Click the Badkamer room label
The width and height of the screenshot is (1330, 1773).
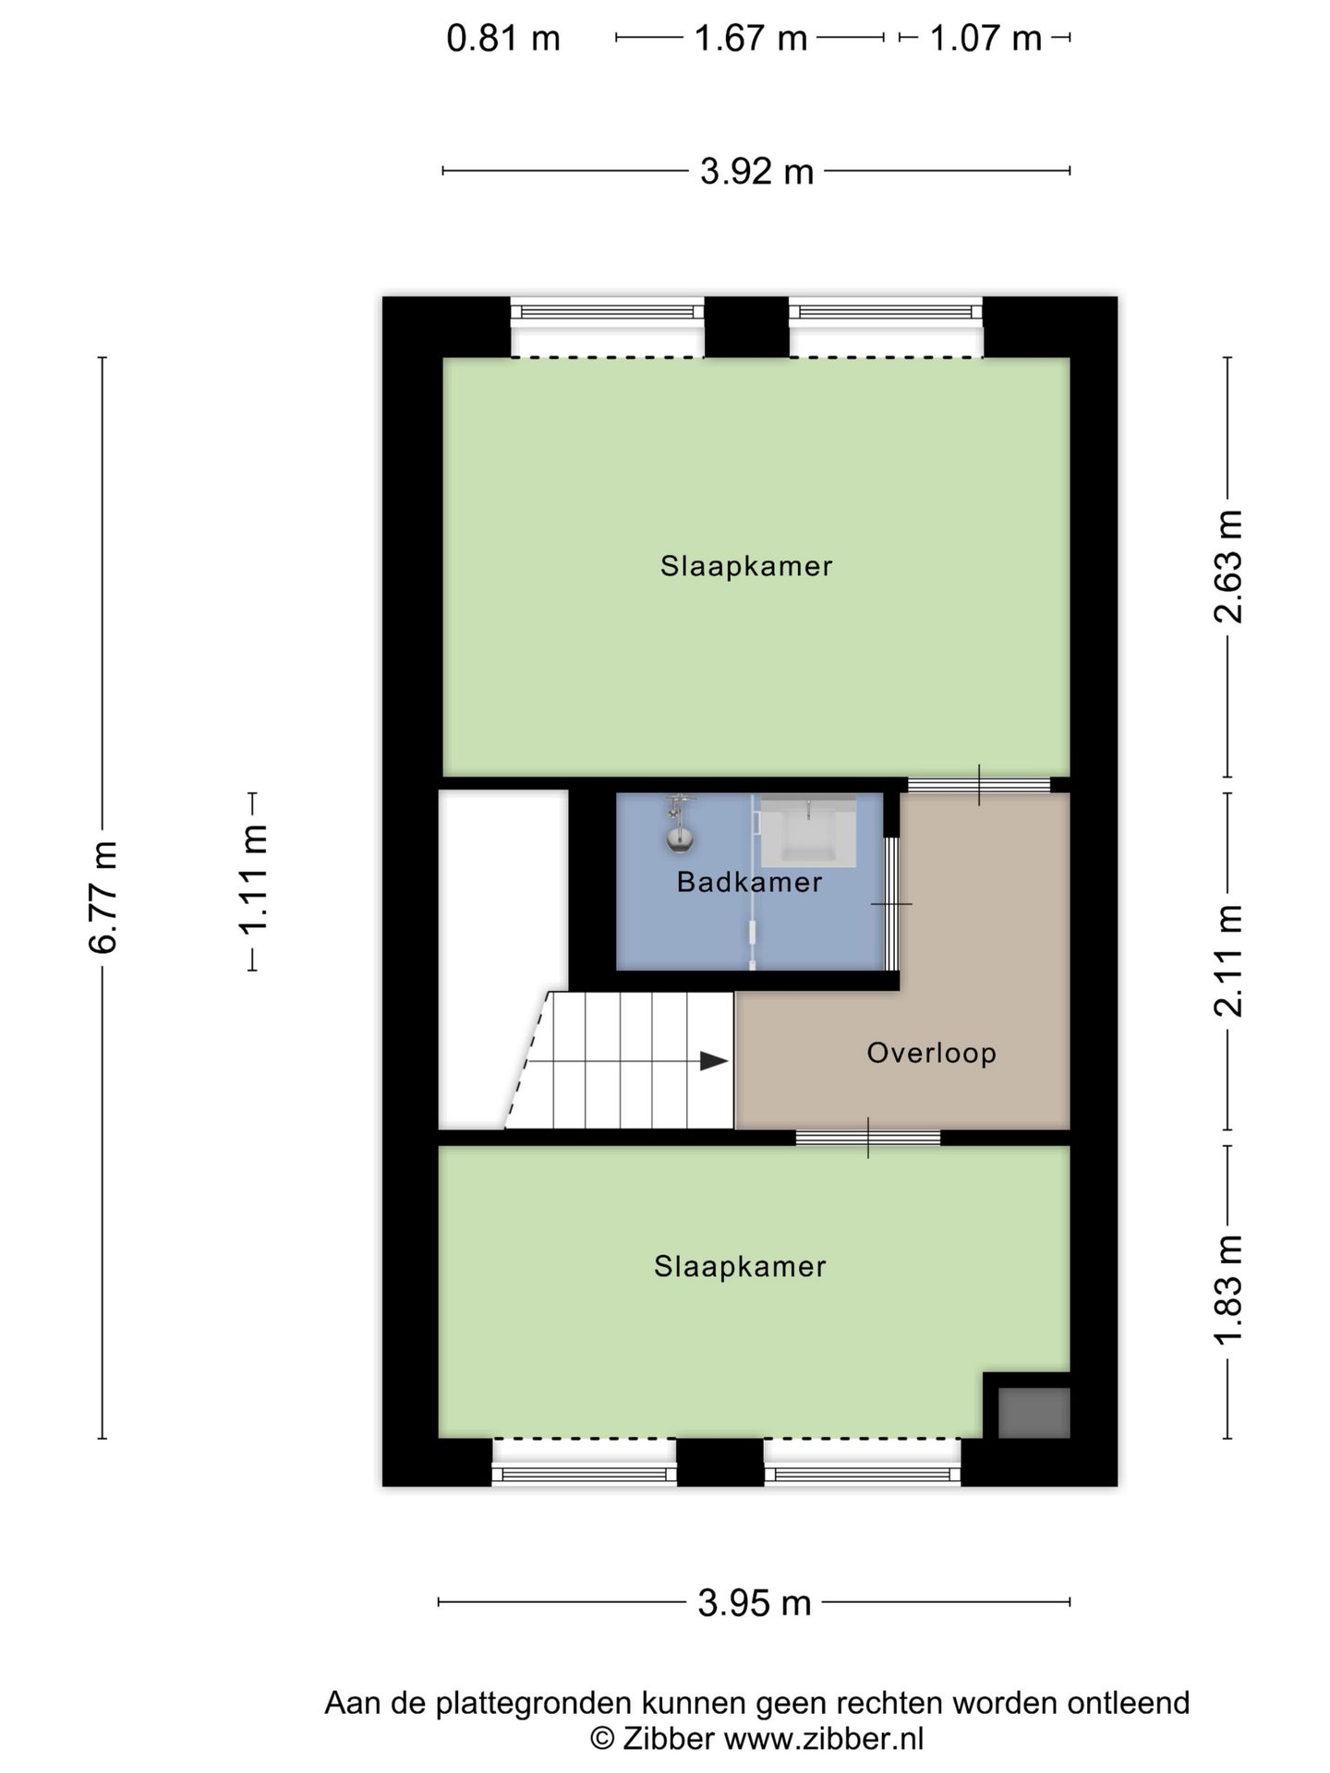click(x=749, y=882)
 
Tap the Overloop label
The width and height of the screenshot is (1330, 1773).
click(x=931, y=1053)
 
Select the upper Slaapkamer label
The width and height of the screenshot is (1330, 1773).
click(x=746, y=566)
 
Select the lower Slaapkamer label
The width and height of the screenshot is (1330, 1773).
click(x=740, y=1266)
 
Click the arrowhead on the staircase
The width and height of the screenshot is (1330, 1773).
click(x=713, y=1061)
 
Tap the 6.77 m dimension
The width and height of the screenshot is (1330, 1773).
click(x=103, y=897)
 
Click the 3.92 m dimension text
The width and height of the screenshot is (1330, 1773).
click(x=756, y=172)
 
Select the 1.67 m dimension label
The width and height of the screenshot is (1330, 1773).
click(x=750, y=39)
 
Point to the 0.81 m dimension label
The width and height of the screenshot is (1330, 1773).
click(x=503, y=39)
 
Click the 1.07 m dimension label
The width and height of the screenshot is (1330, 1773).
click(x=985, y=39)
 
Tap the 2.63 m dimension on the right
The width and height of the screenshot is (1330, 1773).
click(x=1228, y=566)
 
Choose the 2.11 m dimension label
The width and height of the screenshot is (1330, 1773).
click(x=1228, y=960)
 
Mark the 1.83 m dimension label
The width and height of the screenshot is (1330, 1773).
click(x=1228, y=1289)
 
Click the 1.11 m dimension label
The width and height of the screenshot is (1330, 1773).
click(x=252, y=880)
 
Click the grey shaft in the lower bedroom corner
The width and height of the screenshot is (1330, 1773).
click(x=1034, y=1413)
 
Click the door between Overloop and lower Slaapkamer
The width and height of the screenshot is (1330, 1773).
click(x=868, y=1138)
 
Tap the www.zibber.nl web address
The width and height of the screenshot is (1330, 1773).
click(x=823, y=1739)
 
